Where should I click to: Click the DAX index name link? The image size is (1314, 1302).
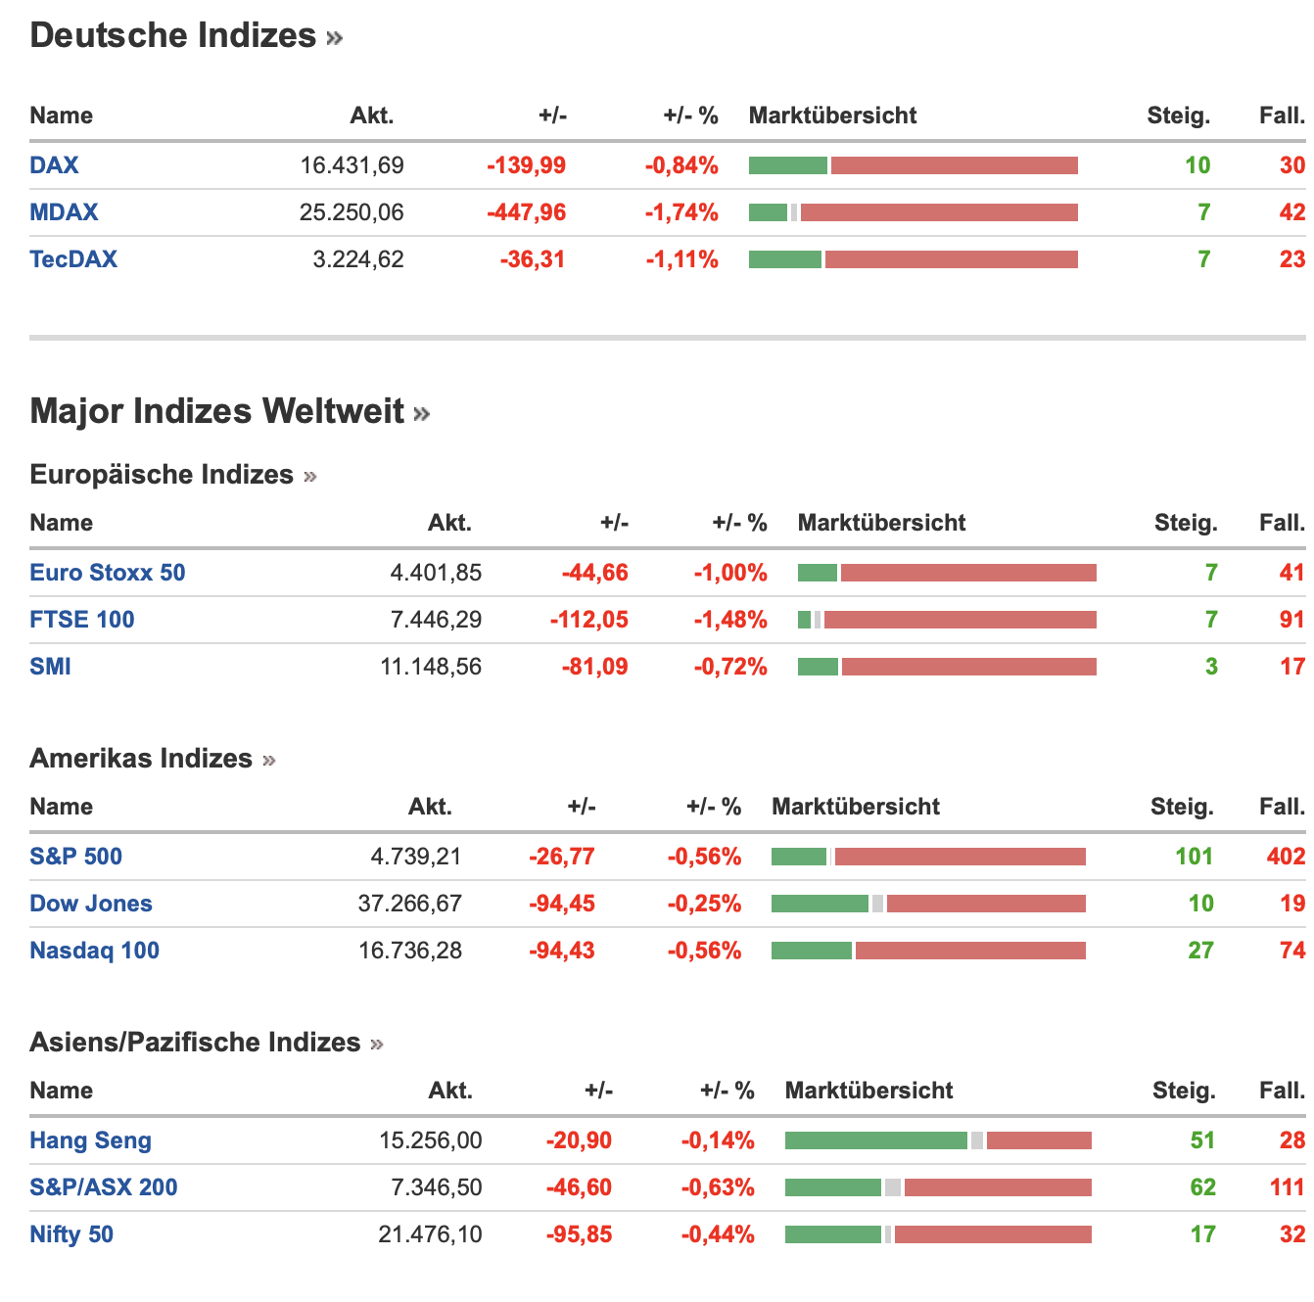click(x=54, y=165)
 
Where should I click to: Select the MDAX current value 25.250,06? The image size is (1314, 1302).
click(x=352, y=212)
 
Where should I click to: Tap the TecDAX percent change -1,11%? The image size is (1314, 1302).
click(x=681, y=259)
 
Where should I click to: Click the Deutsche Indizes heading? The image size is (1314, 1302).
click(x=173, y=36)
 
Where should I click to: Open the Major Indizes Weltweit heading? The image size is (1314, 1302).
click(x=217, y=411)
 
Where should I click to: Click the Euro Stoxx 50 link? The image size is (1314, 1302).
click(x=108, y=573)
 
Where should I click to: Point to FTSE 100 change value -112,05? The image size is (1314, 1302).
click(x=588, y=620)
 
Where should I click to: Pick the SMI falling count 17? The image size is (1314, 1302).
click(x=1292, y=667)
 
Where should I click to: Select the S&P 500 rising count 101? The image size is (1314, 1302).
click(x=1194, y=857)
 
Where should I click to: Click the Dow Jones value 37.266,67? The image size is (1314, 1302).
click(x=409, y=904)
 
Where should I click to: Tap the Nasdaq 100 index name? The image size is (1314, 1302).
click(x=94, y=951)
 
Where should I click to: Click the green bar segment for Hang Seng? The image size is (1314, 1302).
click(x=875, y=1140)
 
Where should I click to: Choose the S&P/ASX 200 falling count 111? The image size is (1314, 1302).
click(x=1287, y=1187)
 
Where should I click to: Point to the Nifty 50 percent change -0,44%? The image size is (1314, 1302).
click(x=718, y=1234)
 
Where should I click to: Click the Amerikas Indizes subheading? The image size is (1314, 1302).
click(x=141, y=759)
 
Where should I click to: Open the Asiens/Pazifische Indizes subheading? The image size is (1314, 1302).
click(x=195, y=1043)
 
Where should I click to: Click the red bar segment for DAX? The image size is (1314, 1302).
click(x=954, y=165)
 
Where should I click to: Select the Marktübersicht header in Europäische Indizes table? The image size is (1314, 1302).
click(x=881, y=523)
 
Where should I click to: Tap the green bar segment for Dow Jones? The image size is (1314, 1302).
click(x=820, y=904)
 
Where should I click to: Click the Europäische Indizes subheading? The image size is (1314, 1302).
click(x=162, y=475)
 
